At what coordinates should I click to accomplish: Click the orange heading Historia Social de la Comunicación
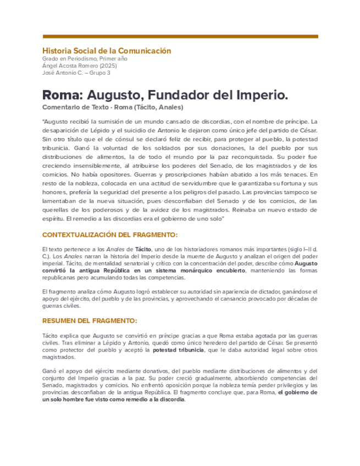[x=107, y=51]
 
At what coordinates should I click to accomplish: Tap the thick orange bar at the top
[x=180, y=37]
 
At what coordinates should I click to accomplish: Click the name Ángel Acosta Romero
[x=67, y=65]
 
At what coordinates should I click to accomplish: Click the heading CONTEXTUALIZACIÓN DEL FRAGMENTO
[x=110, y=235]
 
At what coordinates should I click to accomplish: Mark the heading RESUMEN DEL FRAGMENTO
[x=90, y=320]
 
